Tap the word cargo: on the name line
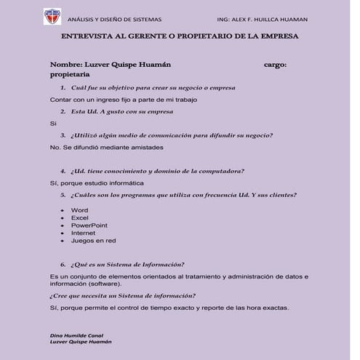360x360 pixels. pyautogui.click(x=274, y=64)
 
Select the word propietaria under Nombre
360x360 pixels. pyautogui.click(x=70, y=74)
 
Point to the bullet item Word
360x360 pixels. pyautogui.click(x=79, y=209)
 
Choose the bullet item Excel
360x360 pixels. pyautogui.click(x=80, y=217)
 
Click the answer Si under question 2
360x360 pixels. pyautogui.click(x=52, y=123)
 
